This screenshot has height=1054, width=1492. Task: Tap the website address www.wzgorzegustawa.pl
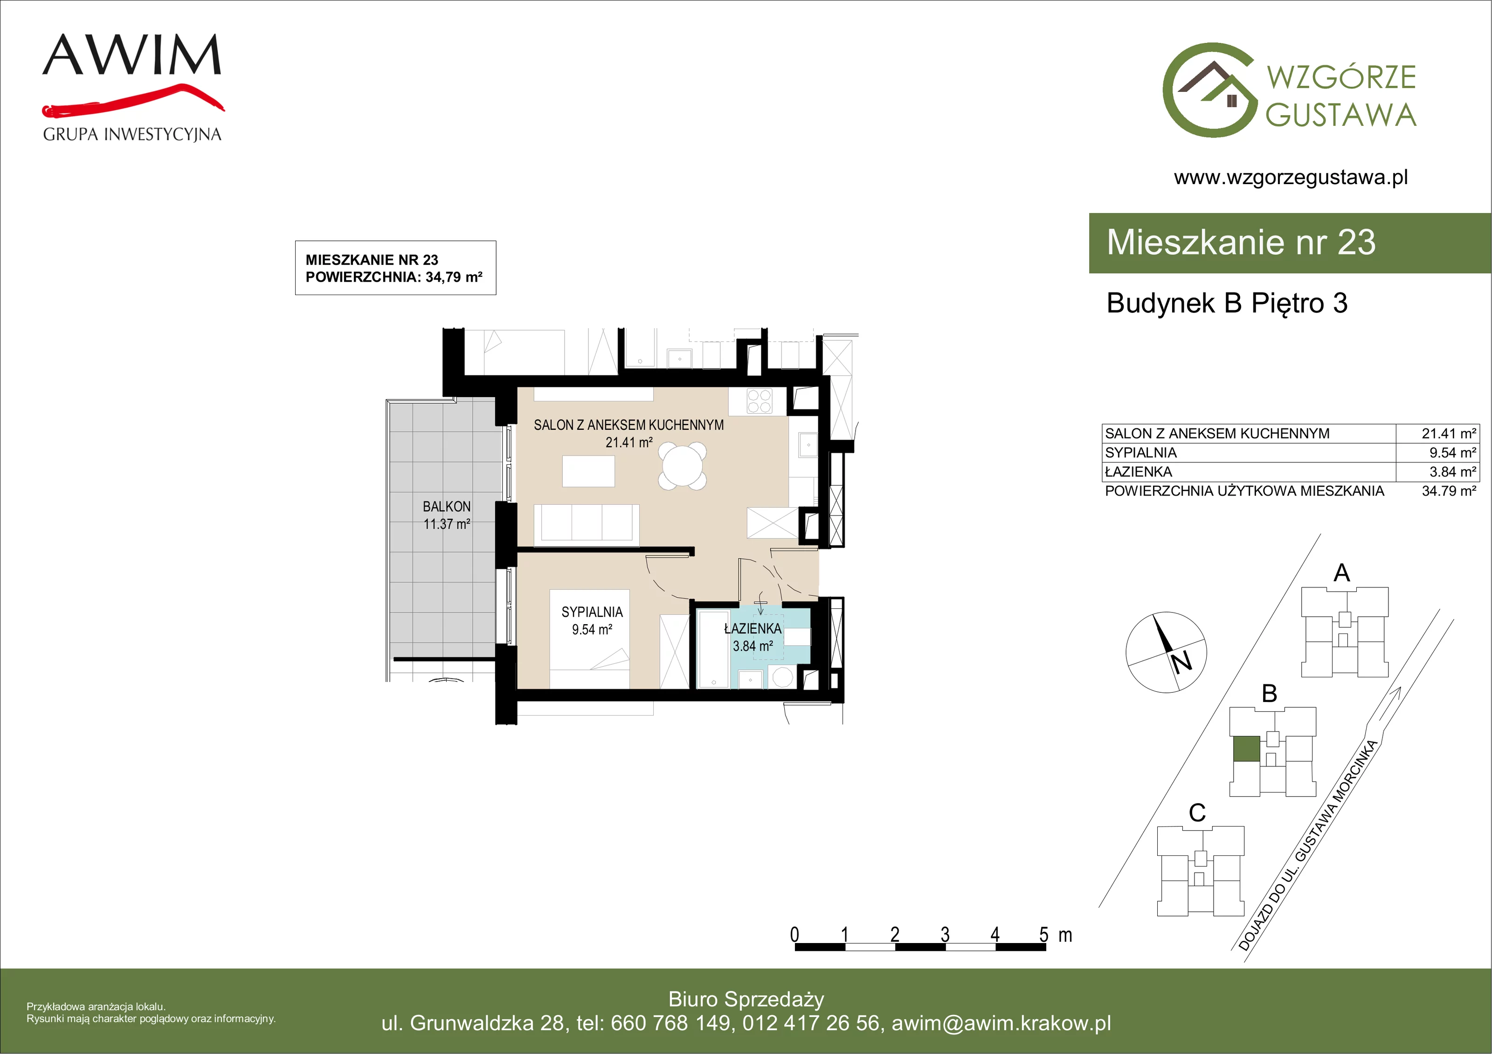(1291, 178)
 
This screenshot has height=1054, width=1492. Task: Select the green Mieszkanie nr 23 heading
(1241, 242)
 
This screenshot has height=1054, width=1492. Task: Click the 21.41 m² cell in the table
(1449, 434)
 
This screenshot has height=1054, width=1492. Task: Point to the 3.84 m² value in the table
(1452, 472)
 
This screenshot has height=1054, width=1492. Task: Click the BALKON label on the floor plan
(446, 506)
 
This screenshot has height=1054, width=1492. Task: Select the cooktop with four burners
(759, 401)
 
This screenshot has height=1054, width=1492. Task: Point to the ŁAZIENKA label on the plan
(753, 628)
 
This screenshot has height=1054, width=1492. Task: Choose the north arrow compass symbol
(1166, 652)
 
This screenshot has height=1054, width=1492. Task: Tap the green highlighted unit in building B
(1246, 749)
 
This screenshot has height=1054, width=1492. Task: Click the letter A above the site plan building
(1342, 573)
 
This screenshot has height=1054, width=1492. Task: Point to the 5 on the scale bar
(1043, 935)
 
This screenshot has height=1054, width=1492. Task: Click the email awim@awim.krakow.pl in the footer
(1002, 1023)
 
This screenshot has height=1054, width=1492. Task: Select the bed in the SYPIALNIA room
(589, 639)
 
